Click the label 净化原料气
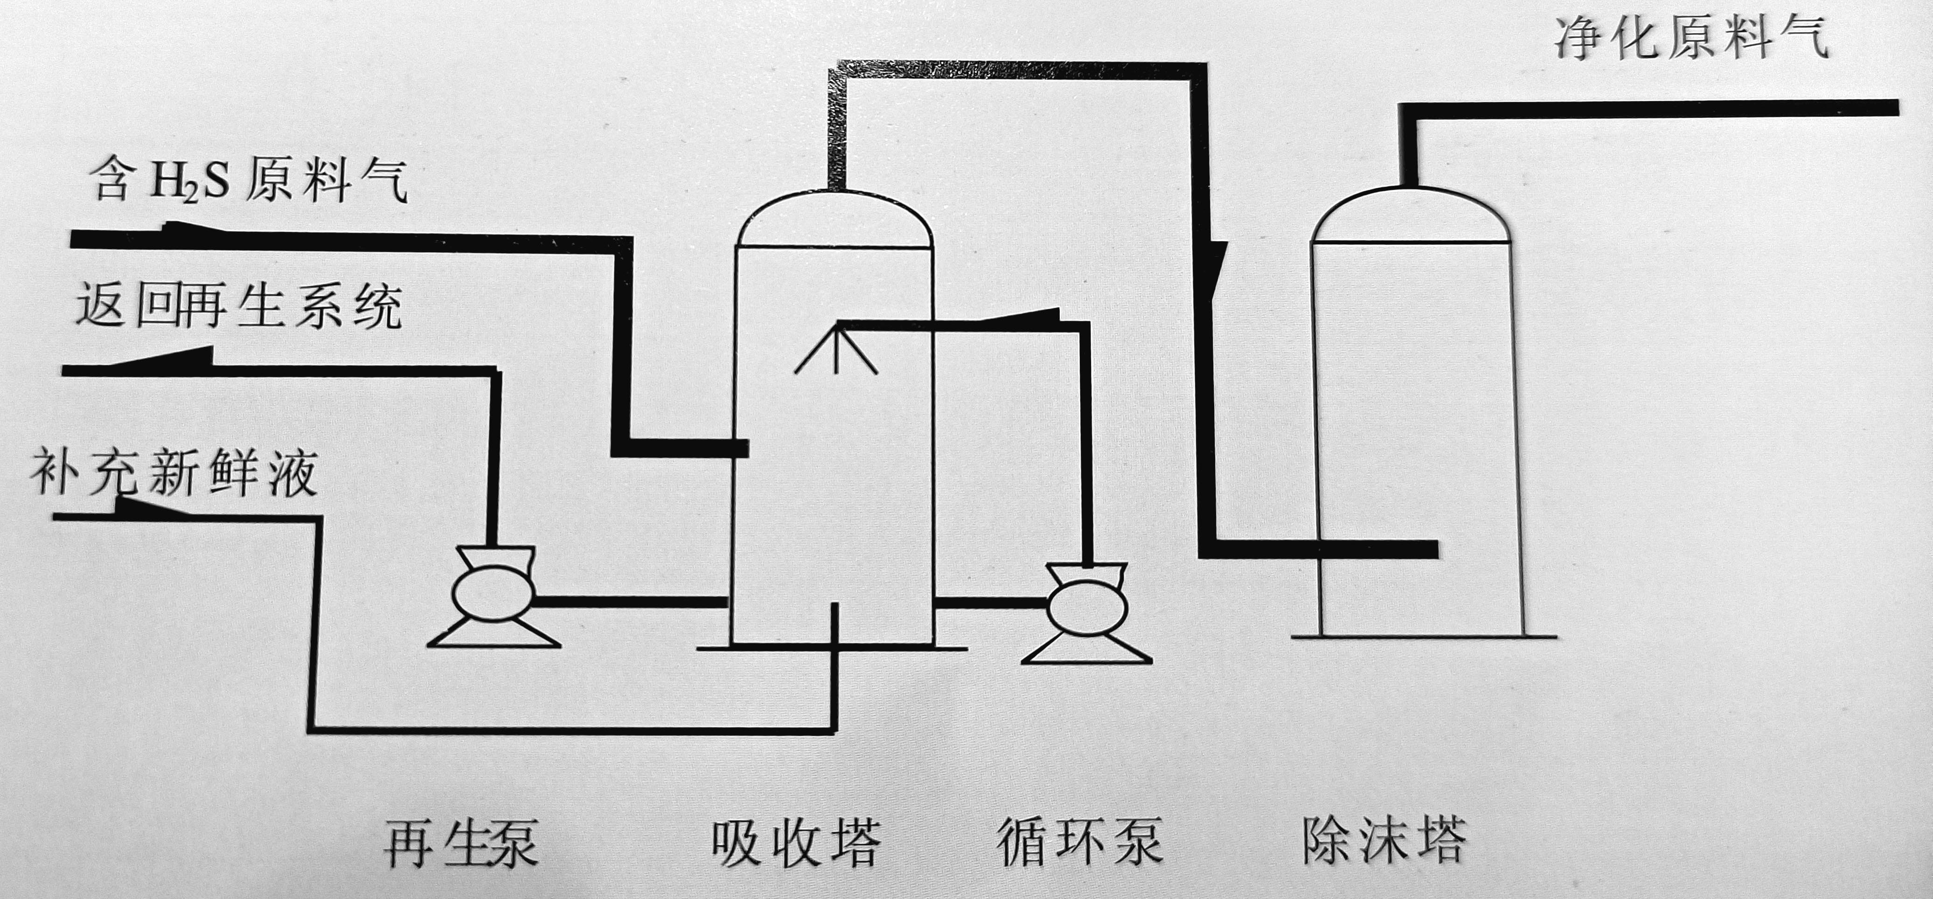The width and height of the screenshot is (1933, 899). (x=1690, y=40)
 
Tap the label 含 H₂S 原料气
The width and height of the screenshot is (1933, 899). (x=248, y=182)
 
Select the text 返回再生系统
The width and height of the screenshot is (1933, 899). (x=239, y=307)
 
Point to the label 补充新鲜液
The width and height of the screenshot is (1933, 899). (x=174, y=473)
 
